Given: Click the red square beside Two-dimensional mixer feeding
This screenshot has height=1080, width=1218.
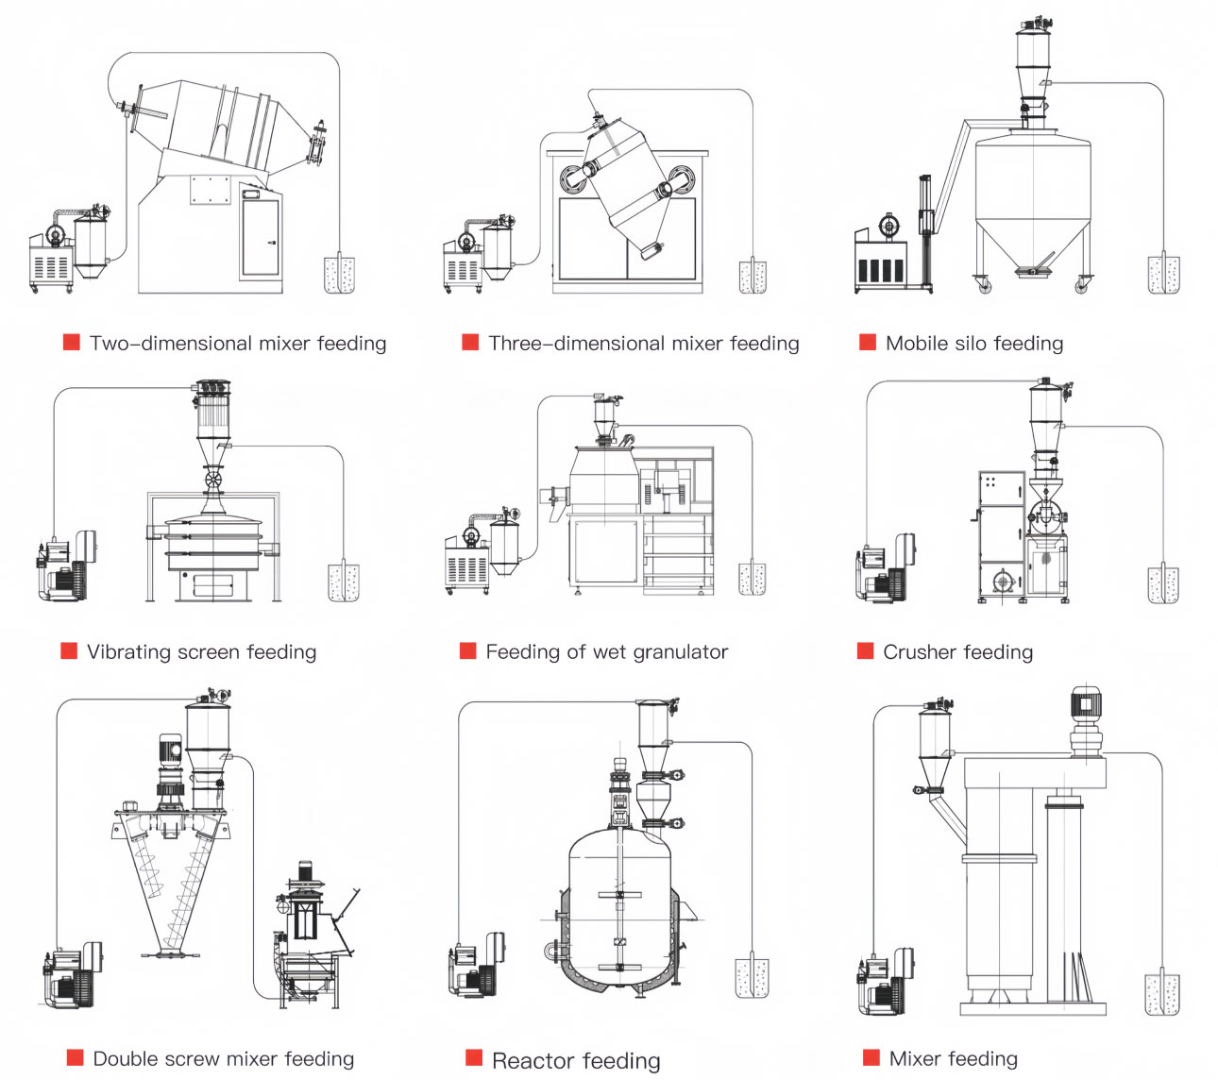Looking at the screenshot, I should (x=72, y=342).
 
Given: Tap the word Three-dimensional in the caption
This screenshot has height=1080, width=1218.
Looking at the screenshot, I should (x=550, y=343).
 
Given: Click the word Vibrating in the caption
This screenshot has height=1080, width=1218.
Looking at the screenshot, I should (x=127, y=651).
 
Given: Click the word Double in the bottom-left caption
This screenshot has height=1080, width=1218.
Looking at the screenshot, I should (x=126, y=1058).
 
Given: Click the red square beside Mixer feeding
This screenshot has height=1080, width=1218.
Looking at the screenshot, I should (x=871, y=1057).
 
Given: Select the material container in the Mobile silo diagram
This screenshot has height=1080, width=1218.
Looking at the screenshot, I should (x=1163, y=274).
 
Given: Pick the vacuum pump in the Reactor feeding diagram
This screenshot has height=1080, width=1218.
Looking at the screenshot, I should (x=477, y=966).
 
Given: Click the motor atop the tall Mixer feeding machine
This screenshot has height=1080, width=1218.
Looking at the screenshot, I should (x=1086, y=706).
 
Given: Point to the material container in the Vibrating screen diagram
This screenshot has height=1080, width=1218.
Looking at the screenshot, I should (x=343, y=582).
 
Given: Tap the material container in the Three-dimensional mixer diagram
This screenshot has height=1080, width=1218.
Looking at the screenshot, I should (x=753, y=276).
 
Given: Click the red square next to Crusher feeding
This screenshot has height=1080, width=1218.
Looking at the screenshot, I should (x=865, y=650).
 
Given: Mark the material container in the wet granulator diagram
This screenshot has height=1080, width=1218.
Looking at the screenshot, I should (x=752, y=578).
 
